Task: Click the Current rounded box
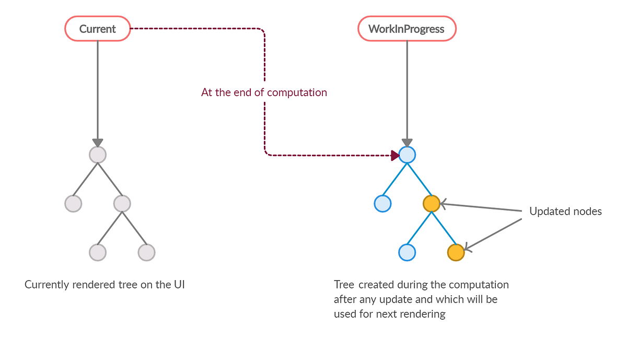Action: pyautogui.click(x=97, y=29)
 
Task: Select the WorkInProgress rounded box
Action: pyautogui.click(x=407, y=29)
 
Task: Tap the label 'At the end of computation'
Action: pyautogui.click(x=264, y=92)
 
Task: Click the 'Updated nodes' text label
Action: pyautogui.click(x=565, y=212)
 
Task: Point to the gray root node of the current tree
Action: pyautogui.click(x=98, y=155)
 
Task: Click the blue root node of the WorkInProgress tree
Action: pyautogui.click(x=407, y=155)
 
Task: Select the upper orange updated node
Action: pyautogui.click(x=431, y=203)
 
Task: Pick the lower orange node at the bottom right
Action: pyautogui.click(x=456, y=252)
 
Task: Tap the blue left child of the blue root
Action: pyautogui.click(x=382, y=203)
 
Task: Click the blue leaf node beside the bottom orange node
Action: pyautogui.click(x=407, y=252)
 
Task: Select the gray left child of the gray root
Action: pyautogui.click(x=73, y=203)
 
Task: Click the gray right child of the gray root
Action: pyautogui.click(x=122, y=203)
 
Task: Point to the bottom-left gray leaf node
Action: pyautogui.click(x=98, y=252)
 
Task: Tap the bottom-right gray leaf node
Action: pyautogui.click(x=146, y=252)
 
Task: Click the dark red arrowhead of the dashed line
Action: pyautogui.click(x=395, y=155)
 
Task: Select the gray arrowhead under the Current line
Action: pyautogui.click(x=98, y=143)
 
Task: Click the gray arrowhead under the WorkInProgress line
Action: pyautogui.click(x=407, y=143)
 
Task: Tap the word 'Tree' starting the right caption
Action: pyautogui.click(x=344, y=285)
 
